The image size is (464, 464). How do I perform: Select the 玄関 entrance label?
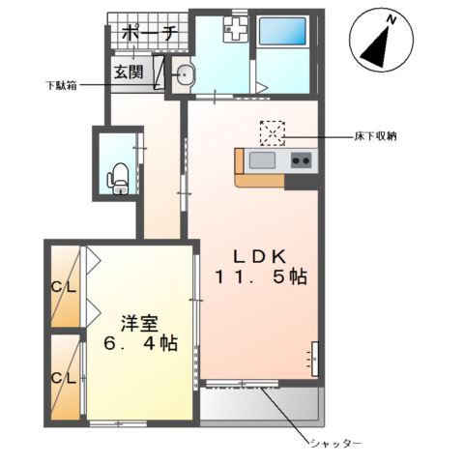129,71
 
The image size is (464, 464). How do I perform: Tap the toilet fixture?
118,179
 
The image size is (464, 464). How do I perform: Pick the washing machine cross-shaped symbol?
235,31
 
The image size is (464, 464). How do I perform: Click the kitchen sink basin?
262,160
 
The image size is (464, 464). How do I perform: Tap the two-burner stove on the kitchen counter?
301,160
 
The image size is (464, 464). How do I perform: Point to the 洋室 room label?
139,322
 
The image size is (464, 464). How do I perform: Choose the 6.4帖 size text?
140,343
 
